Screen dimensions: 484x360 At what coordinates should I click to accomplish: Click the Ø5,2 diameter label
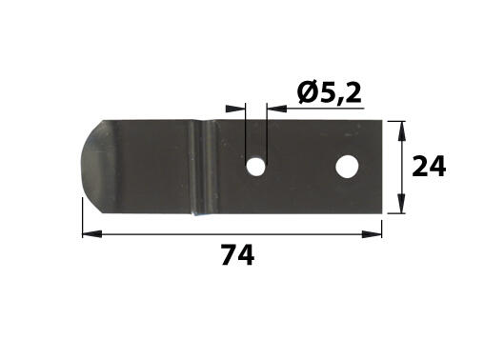click(330, 93)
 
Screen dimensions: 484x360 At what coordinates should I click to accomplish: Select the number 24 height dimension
click(429, 167)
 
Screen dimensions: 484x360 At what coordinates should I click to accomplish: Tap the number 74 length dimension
click(237, 255)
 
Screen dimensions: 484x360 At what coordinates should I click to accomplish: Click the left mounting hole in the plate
click(256, 167)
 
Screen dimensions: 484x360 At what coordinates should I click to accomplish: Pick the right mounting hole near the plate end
click(347, 167)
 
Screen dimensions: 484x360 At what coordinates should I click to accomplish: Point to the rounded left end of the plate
click(92, 167)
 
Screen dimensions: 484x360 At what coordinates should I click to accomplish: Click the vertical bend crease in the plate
click(203, 168)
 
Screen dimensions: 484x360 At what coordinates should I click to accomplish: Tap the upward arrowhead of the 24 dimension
click(401, 130)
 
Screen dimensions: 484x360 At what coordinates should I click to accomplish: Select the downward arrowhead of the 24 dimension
click(401, 204)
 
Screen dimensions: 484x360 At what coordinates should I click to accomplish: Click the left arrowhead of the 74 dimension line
click(92, 234)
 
